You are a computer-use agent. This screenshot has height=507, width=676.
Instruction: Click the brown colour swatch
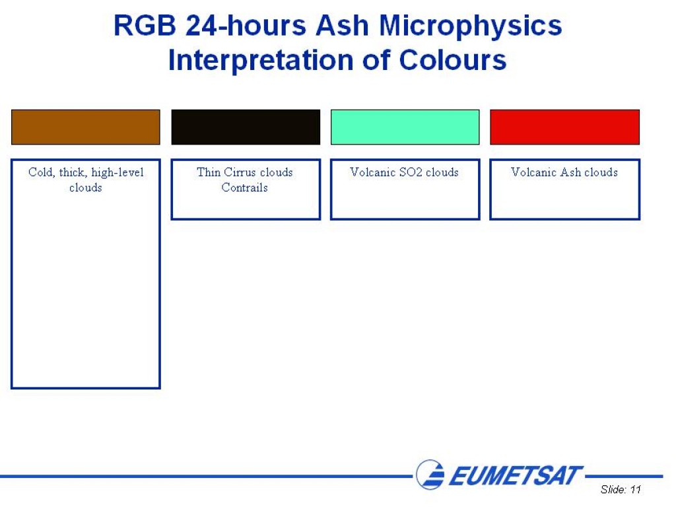click(x=86, y=127)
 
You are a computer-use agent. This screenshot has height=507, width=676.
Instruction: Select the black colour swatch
click(x=246, y=127)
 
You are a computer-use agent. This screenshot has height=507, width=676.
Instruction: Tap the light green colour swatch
click(x=405, y=127)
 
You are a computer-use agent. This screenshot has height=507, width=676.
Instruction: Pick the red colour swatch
click(x=565, y=127)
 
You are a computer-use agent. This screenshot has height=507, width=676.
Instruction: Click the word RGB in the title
click(x=145, y=26)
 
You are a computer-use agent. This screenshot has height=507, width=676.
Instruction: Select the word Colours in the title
click(x=453, y=60)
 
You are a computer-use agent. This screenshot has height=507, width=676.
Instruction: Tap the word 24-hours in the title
click(x=246, y=26)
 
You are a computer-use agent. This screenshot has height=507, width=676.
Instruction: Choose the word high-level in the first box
click(x=118, y=173)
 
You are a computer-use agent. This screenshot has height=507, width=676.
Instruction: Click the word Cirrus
click(x=240, y=172)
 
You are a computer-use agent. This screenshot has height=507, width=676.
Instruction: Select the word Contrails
click(x=244, y=187)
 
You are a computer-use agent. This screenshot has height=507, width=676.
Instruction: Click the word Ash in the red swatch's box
click(x=570, y=172)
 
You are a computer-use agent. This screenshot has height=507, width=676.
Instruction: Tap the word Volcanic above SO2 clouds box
click(x=373, y=172)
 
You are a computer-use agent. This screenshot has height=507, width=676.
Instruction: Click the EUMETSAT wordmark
click(x=516, y=476)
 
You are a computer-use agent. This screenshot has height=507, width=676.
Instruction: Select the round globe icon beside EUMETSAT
click(x=430, y=475)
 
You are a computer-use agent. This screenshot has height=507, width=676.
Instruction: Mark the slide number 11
click(x=636, y=490)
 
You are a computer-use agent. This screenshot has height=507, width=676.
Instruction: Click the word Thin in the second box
click(x=209, y=172)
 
